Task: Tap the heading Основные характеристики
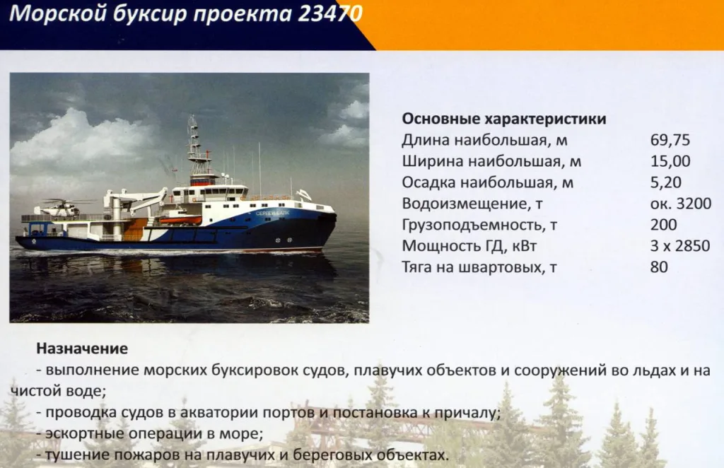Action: click(503, 119)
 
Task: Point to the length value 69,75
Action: click(670, 140)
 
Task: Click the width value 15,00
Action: click(670, 161)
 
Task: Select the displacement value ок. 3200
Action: click(679, 204)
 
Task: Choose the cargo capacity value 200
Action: click(663, 225)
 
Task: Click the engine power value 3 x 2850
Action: click(679, 246)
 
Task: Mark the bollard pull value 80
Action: click(658, 267)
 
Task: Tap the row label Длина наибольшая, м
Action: click(484, 140)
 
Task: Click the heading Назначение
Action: click(82, 349)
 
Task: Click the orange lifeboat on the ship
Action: click(180, 220)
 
